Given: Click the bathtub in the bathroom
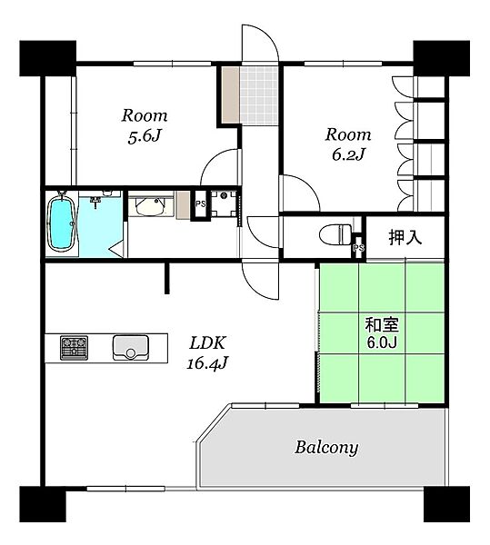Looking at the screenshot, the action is pyautogui.click(x=62, y=223).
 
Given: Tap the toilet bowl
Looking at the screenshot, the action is pyautogui.click(x=335, y=234).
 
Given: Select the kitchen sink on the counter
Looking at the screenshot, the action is pyautogui.click(x=130, y=347).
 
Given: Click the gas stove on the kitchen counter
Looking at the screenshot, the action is pyautogui.click(x=74, y=347).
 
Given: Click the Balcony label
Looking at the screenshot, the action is pyautogui.click(x=326, y=448).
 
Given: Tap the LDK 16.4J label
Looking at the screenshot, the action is pyautogui.click(x=207, y=353).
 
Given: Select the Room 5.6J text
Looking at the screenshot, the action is pyautogui.click(x=145, y=126).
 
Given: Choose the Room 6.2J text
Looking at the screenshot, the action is pyautogui.click(x=348, y=144).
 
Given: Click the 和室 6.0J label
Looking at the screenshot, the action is pyautogui.click(x=382, y=333).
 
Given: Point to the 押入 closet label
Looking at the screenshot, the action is pyautogui.click(x=405, y=238).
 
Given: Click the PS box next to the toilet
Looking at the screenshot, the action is pyautogui.click(x=358, y=247).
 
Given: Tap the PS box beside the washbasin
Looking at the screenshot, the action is pyautogui.click(x=200, y=204).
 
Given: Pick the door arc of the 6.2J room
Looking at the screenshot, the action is pyautogui.click(x=309, y=185).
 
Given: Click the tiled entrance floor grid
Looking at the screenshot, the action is pyautogui.click(x=259, y=95).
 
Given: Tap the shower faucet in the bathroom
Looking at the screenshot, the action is pyautogui.click(x=95, y=202).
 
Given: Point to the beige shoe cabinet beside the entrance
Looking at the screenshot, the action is pyautogui.click(x=231, y=94).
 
